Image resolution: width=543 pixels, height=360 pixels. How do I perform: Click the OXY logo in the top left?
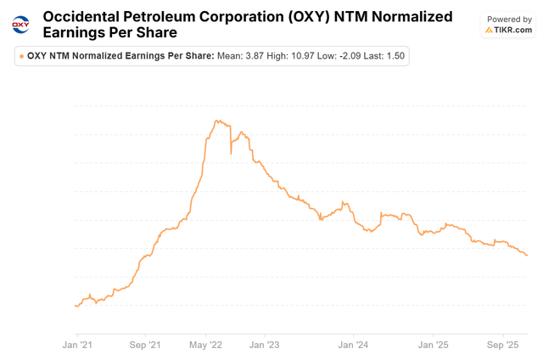pos(20,24)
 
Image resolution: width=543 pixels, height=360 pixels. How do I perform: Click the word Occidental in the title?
pos(81,16)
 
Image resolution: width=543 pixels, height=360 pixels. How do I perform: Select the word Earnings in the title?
pos(77,33)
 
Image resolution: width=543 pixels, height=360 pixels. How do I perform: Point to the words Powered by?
pos(509,18)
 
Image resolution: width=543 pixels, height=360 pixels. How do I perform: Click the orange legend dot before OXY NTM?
pos(21,56)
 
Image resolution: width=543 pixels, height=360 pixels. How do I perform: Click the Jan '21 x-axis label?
pos(77,345)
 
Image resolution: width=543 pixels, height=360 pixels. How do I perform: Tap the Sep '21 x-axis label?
pos(144,345)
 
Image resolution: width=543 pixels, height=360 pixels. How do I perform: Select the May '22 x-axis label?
pos(204,345)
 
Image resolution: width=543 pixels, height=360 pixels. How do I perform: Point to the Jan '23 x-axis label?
pos(264,345)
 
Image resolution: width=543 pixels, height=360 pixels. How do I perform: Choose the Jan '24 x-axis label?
pos(353,345)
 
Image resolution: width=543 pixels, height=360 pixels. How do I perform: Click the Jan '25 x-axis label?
pos(434,345)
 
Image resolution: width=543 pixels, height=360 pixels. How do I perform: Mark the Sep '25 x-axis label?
pos(501,345)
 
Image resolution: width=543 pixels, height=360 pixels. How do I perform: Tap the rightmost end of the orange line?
pos(528,256)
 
